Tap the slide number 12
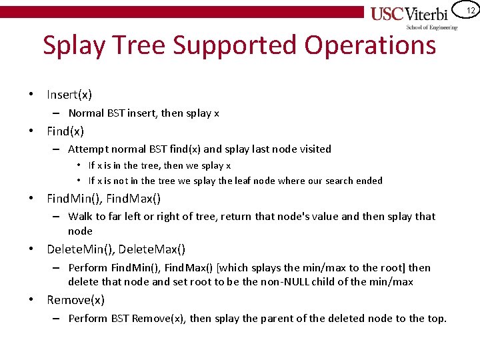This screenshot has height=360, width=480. (x=471, y=11)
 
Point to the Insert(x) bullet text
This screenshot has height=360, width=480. (x=69, y=95)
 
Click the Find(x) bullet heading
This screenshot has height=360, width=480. (x=65, y=131)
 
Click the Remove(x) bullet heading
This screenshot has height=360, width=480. (x=75, y=300)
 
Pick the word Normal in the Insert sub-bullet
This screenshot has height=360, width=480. (x=85, y=113)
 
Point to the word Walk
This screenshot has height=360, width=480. (x=79, y=216)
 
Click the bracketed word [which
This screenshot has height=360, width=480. (x=235, y=268)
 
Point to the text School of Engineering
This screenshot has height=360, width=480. (x=433, y=27)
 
